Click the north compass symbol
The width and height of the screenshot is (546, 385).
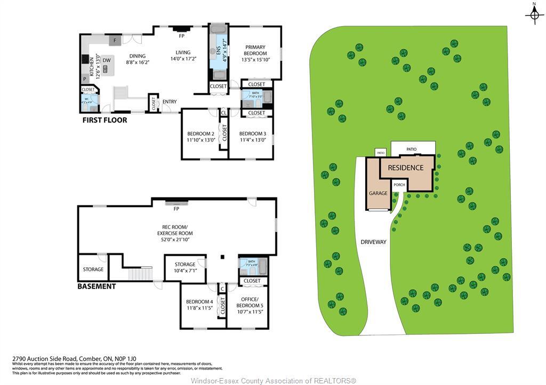pos(534,15)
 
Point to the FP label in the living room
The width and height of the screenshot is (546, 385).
pos(182,36)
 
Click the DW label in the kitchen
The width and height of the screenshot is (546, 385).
pos(107,60)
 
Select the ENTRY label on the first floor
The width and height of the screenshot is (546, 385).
pos(170,102)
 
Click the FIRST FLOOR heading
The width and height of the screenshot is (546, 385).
pos(105,120)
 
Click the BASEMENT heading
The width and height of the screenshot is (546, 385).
pos(97,286)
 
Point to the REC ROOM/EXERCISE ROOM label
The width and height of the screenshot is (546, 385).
pos(175,233)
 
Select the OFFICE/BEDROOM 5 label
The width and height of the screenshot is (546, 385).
pos(249,305)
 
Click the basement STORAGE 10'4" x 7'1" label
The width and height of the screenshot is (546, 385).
pos(185,267)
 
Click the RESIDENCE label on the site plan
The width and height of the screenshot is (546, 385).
pos(405,168)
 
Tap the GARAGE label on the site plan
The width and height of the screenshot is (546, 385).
pos(378,193)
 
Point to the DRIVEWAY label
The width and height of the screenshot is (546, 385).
pos(373,242)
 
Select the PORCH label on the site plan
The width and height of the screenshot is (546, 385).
pos(399,185)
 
